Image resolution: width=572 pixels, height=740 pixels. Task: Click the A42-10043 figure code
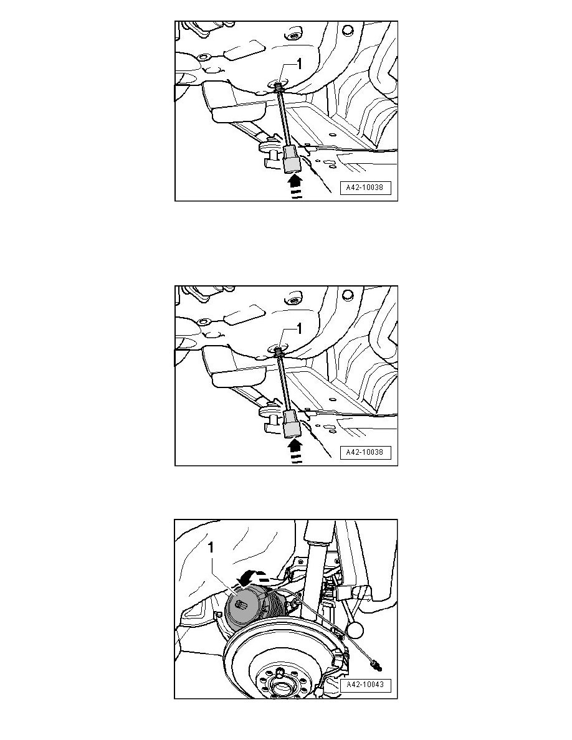click(365, 685)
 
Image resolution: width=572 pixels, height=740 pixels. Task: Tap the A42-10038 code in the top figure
click(365, 187)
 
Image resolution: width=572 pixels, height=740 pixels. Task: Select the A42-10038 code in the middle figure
click(365, 452)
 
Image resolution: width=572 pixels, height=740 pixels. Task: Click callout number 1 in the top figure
click(298, 64)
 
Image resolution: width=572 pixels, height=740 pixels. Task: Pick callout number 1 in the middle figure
click(298, 328)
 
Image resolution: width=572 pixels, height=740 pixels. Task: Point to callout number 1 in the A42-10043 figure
click(211, 548)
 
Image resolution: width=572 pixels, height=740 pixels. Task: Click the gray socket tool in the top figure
click(290, 160)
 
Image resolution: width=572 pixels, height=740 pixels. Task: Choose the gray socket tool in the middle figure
click(290, 425)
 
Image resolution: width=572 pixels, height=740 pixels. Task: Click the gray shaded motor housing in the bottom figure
click(246, 607)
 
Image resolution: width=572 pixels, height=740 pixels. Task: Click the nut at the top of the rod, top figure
click(279, 87)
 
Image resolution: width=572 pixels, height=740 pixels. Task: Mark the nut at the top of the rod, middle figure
click(279, 351)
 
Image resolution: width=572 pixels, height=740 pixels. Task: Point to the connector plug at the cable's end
click(376, 666)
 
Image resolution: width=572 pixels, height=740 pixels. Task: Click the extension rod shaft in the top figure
click(284, 119)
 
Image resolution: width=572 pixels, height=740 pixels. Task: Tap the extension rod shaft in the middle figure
click(284, 384)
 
